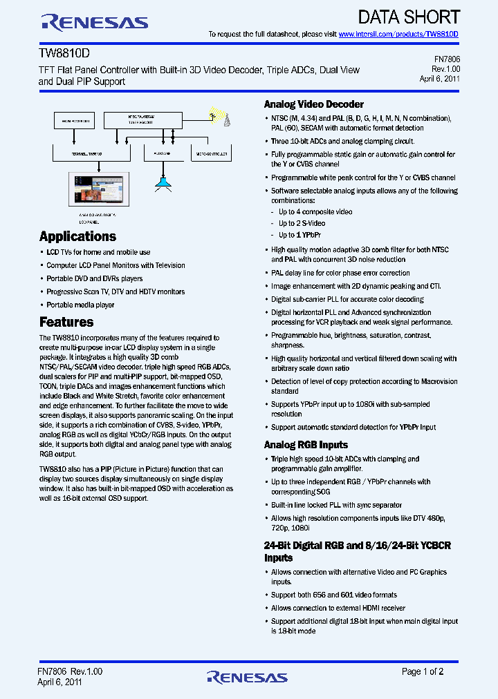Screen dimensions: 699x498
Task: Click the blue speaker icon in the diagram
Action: (x=162, y=182)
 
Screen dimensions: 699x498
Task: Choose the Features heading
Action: (x=66, y=322)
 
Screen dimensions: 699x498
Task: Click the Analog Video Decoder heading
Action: (x=313, y=104)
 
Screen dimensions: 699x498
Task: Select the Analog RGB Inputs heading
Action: (x=306, y=445)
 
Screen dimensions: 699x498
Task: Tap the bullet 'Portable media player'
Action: (x=80, y=305)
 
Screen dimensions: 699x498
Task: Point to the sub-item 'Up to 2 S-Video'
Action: (x=302, y=223)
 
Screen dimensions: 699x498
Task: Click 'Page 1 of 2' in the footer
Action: (x=423, y=671)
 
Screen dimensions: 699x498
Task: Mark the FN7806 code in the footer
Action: (x=53, y=671)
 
